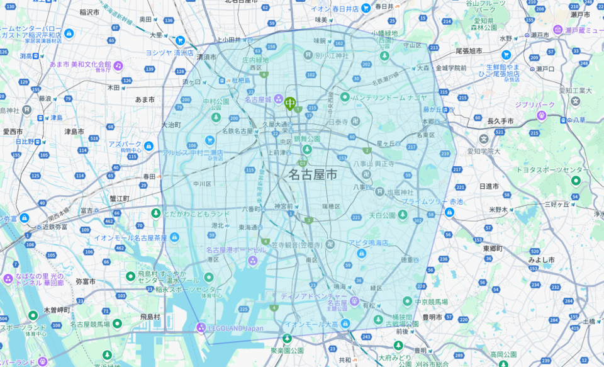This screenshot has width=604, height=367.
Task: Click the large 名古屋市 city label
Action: click(313, 175)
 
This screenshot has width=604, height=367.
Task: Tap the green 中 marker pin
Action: click(290, 103)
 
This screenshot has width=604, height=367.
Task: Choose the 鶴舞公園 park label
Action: click(308, 138)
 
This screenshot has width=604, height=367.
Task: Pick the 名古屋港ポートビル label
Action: click(236, 249)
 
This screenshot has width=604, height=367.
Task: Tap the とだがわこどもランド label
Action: click(197, 214)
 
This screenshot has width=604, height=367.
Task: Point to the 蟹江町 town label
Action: click(119, 198)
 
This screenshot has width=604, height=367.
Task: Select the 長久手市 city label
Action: click(500, 121)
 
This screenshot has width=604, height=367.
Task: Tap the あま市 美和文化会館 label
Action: click(82, 65)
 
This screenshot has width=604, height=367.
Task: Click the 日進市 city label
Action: click(489, 186)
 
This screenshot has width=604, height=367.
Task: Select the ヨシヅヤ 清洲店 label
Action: click(170, 53)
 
